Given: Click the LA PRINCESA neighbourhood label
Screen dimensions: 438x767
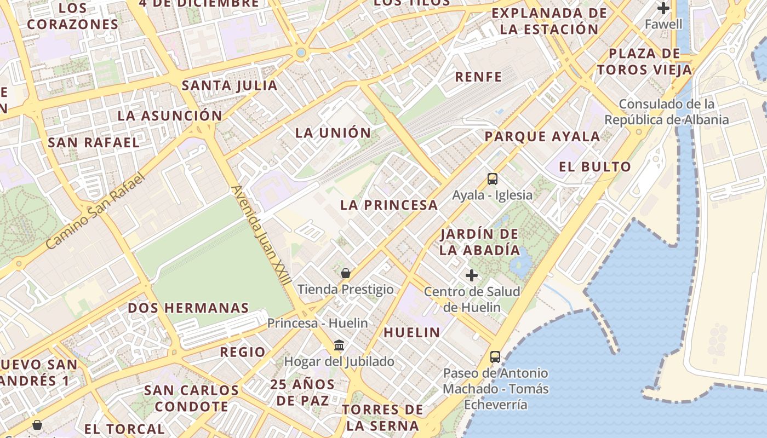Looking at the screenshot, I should [x=389, y=205].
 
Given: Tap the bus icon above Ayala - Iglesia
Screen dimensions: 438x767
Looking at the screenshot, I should [x=493, y=178].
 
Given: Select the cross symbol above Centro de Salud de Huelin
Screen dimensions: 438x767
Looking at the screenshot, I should [x=472, y=275].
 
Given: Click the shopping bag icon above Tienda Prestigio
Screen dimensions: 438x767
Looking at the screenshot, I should [x=346, y=273].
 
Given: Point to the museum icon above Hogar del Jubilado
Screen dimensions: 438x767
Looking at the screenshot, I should [x=339, y=345].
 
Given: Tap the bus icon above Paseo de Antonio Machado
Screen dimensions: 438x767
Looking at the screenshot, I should [x=495, y=357].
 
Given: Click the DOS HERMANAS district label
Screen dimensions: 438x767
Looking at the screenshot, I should [x=188, y=308].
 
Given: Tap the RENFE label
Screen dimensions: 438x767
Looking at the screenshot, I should [x=478, y=77].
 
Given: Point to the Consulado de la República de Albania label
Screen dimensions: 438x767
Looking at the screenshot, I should [x=667, y=112].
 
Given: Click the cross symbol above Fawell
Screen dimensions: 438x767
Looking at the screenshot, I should [x=663, y=8].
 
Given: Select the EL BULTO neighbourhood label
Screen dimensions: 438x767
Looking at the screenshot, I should [x=595, y=167].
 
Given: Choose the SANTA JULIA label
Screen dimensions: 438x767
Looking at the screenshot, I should [x=230, y=85].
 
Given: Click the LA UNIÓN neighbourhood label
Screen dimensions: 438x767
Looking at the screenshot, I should [x=333, y=133].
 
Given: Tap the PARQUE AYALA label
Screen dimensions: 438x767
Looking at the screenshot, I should [x=542, y=136].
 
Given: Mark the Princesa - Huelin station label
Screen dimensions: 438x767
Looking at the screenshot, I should [x=317, y=323].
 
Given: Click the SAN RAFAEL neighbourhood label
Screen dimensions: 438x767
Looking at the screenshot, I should [x=94, y=143].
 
